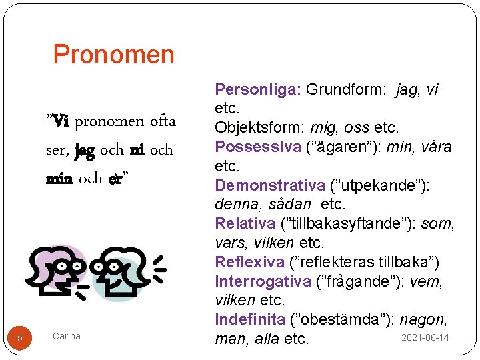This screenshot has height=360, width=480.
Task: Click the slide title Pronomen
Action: coord(113,54)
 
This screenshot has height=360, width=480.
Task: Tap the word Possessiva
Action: coord(257,147)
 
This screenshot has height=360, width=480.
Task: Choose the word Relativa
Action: coord(245,223)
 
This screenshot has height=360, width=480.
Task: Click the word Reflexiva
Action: coord(248,261)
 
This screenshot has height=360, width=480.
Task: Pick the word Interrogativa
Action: coord(263,281)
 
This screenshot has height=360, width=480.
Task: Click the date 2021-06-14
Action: coord(425,338)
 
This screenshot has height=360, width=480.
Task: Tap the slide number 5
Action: coord(20,338)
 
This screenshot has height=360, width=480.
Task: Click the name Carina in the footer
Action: coord(66,336)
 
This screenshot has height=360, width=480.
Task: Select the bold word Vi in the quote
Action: coord(60,121)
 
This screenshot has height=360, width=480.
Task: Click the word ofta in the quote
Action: coord(163,121)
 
